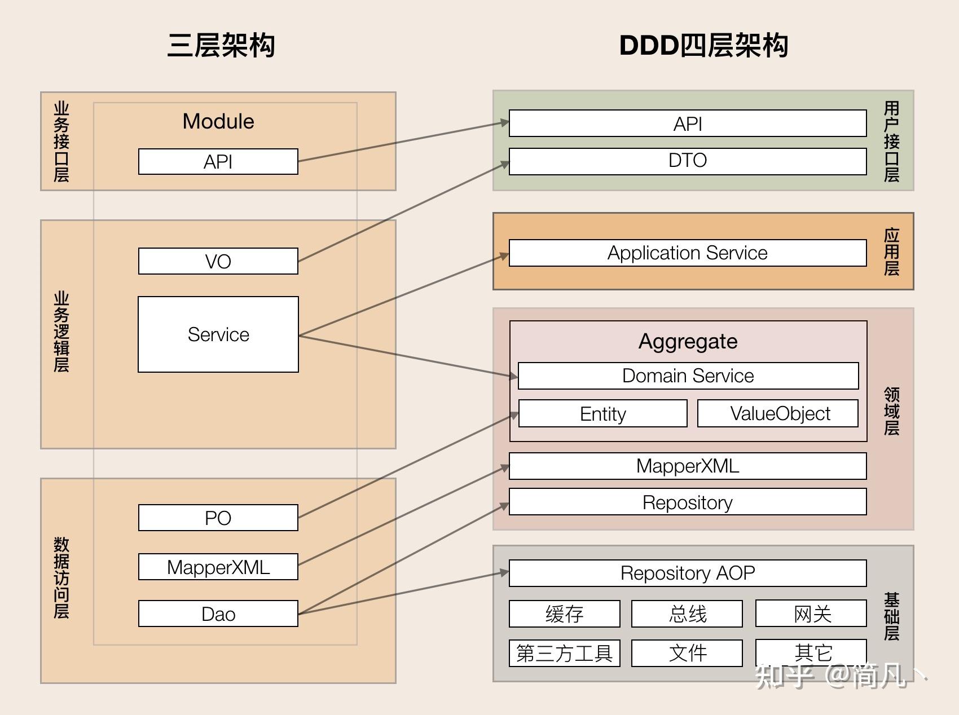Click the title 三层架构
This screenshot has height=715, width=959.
(x=221, y=45)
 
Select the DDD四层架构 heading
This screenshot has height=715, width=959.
(x=703, y=45)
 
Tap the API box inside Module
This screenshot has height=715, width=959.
(x=218, y=162)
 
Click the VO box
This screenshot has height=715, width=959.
(x=218, y=261)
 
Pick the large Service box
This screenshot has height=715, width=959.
(x=218, y=334)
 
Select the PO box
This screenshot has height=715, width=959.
(x=218, y=518)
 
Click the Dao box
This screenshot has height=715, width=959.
(x=218, y=614)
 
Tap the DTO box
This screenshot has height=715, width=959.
(x=687, y=161)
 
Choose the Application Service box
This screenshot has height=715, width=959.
(x=687, y=253)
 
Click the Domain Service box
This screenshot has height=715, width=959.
(x=688, y=376)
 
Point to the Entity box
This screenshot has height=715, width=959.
(x=602, y=414)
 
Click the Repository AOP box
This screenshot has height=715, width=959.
(x=687, y=573)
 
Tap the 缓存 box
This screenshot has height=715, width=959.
(x=564, y=614)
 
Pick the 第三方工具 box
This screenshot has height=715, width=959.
(x=564, y=653)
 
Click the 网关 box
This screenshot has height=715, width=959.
(x=811, y=614)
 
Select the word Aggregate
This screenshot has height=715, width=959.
(x=688, y=341)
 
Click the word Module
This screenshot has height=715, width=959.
(x=218, y=121)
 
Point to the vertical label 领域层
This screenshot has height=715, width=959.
(x=891, y=411)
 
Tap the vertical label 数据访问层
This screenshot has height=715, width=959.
(x=61, y=577)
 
